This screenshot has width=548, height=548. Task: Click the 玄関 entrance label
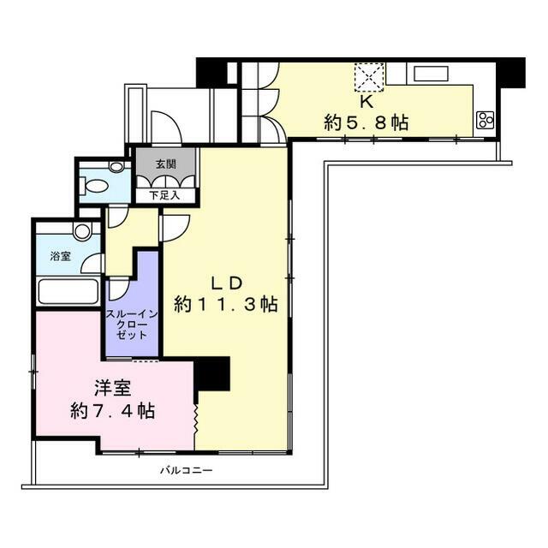165,164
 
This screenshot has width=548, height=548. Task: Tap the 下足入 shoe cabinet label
164,195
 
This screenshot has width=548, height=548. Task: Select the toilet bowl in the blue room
93,185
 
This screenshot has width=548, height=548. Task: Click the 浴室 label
60,256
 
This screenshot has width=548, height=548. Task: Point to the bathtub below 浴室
68,291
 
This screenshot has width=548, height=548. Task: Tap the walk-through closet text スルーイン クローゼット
132,325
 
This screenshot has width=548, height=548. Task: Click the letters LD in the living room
226,283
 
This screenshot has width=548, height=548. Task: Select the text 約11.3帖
226,304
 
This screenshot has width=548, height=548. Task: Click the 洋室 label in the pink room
113,388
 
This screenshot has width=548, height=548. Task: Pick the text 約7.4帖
113,410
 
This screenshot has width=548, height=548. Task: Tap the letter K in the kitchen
366,102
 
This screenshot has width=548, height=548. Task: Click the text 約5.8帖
366,122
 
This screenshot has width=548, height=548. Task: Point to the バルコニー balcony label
187,470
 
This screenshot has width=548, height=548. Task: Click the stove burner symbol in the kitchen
485,120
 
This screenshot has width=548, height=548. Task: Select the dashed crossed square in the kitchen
369,77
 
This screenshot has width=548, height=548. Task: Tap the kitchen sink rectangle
431,74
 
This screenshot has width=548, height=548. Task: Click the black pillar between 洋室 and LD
211,374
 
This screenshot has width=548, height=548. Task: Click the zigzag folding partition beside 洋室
196,420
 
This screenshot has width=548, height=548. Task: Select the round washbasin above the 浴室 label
82,231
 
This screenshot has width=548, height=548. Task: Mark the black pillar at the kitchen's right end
510,73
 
